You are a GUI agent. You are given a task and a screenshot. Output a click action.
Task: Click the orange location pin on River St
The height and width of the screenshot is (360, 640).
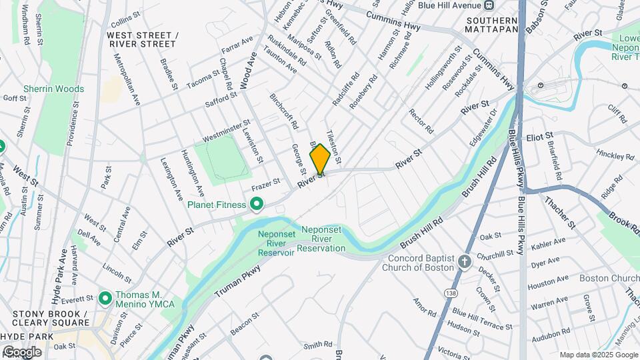tap(320, 159)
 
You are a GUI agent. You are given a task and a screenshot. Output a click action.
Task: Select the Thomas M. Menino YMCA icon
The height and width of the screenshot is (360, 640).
tap(105, 298)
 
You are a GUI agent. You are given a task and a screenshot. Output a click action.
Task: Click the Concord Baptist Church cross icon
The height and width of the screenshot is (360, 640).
tap(465, 261)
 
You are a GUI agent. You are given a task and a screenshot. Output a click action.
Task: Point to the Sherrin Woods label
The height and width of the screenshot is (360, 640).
tap(54, 89)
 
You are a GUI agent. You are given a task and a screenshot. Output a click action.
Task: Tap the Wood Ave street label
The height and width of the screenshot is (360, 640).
tap(249, 69)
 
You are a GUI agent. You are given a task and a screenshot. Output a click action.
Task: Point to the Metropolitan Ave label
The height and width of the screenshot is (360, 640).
tap(127, 78)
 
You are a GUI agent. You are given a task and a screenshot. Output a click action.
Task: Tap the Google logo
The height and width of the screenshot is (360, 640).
tap(22, 351)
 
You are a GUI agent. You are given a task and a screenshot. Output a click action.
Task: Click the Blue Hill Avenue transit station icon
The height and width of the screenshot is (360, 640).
tap(489, 5)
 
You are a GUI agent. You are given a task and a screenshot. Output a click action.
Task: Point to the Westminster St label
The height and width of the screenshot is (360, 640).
tap(226, 130)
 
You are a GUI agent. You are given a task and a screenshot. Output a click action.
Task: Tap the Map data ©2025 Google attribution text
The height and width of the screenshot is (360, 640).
tap(598, 355)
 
